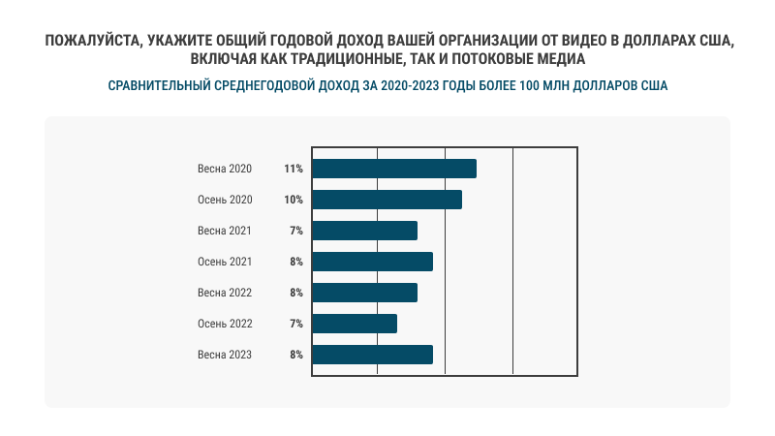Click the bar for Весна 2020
pos(394,169)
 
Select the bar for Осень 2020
pos(387,200)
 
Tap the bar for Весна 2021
pos(365,231)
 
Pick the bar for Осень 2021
pos(373,262)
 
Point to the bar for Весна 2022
pos(365,293)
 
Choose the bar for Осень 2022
pos(355,324)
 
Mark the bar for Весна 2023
pos(373,355)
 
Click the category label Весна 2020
pos(225,169)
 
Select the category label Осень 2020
pos(225,200)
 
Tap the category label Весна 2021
pos(225,231)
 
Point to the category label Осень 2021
pos(225,262)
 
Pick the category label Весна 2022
pos(225,293)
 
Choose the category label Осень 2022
pos(225,324)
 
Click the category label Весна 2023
pos(225,355)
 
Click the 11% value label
pos(294,169)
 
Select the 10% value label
pos(294,200)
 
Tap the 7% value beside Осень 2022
pos(296,324)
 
